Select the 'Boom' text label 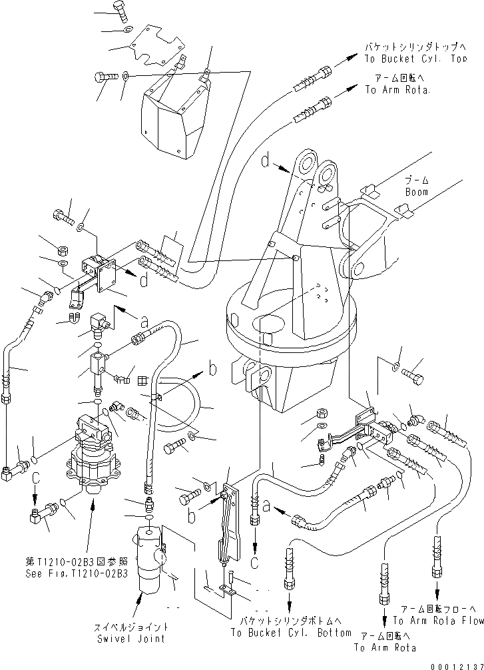coord(417,192)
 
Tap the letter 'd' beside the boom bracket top coord(265,161)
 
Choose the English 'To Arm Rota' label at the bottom coord(385,647)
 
